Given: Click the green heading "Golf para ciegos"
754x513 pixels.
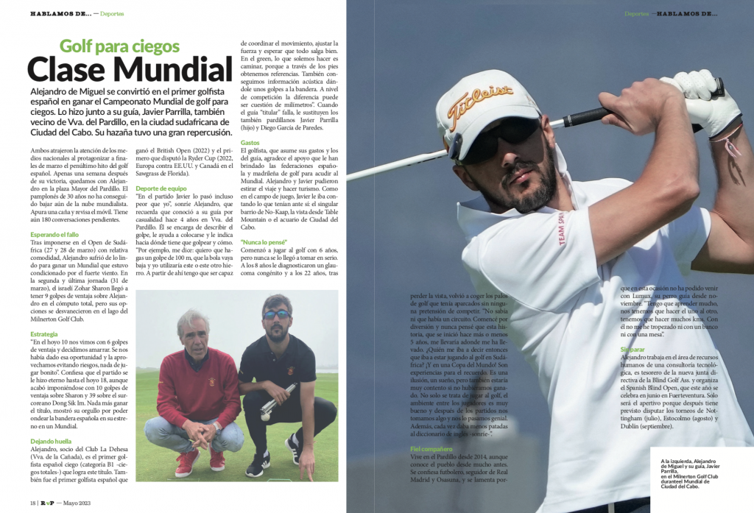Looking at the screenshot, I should tap(119, 46).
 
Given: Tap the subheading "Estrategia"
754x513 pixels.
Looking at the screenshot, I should tap(44, 334).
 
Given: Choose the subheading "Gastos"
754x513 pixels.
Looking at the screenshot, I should tap(250, 142).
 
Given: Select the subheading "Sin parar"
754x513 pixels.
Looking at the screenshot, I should tap(634, 348).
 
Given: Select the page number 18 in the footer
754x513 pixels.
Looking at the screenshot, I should tap(33, 503).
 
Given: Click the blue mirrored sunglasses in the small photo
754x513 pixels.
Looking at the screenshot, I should tap(276, 314).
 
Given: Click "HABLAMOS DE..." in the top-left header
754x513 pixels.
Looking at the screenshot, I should tap(61, 13).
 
